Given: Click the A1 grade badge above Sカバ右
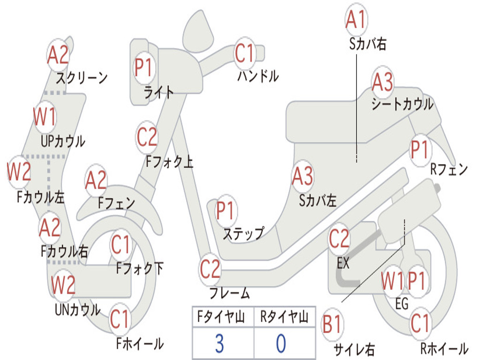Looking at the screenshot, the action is [x=356, y=19].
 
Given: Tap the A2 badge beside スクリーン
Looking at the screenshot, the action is [x=58, y=55].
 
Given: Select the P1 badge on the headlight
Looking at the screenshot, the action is [x=144, y=67].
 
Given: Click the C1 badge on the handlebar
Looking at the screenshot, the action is [x=245, y=53].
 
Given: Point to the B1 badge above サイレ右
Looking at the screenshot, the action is [x=332, y=324].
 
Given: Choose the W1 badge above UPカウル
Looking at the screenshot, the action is [x=45, y=117].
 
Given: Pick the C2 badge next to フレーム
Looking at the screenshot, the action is [x=210, y=269].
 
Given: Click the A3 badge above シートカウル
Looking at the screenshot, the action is [x=382, y=82].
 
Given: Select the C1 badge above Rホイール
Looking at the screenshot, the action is [x=420, y=323].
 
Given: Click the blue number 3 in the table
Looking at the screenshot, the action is [x=219, y=344].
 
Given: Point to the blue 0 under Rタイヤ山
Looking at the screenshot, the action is [x=281, y=344].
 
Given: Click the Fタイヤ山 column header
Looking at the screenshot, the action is [x=221, y=317].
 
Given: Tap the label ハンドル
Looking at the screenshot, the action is [x=258, y=76].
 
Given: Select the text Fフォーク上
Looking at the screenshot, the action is [x=169, y=161].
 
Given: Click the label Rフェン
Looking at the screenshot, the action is [x=449, y=169].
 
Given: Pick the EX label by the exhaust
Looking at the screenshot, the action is [x=343, y=263].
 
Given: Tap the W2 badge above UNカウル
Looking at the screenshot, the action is [x=63, y=285].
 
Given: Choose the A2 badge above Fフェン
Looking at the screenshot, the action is [x=96, y=180].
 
